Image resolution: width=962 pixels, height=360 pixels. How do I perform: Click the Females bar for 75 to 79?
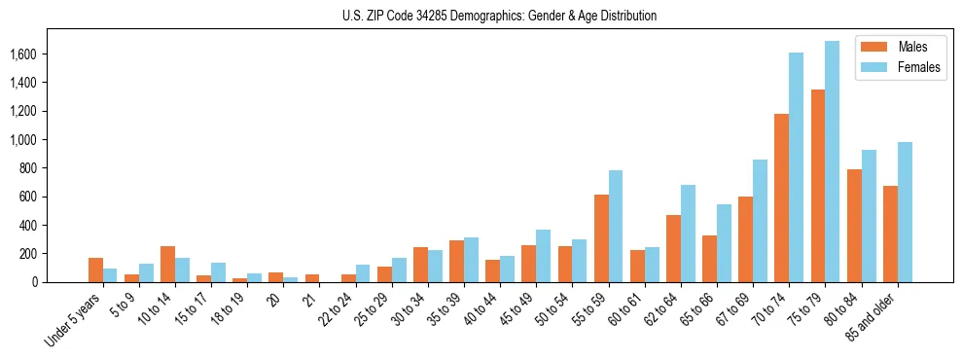coord(832,162)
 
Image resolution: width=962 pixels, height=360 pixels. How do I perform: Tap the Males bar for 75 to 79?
coord(818,186)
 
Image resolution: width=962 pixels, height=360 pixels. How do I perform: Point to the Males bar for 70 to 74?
coord(781,198)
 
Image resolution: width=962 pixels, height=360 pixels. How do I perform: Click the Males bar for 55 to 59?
coord(601,238)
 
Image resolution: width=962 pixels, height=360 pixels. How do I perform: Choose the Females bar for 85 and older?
coord(905,212)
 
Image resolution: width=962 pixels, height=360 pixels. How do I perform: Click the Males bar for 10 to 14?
coord(167,264)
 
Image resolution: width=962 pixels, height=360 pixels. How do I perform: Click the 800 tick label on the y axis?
coord(53,168)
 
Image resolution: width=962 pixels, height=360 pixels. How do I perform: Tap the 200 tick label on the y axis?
coord(53,254)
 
